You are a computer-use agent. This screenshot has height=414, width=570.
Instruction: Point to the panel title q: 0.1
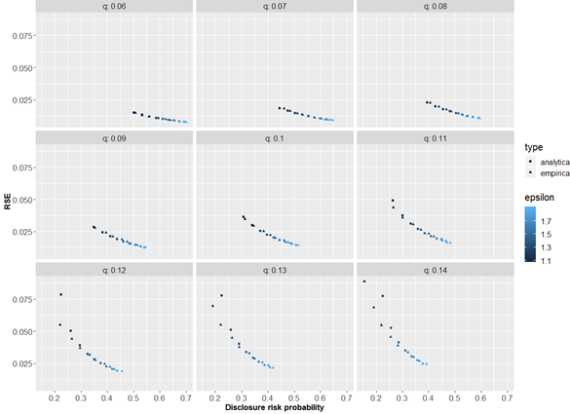[x=276, y=138]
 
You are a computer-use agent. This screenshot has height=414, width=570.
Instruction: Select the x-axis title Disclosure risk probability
[x=276, y=407]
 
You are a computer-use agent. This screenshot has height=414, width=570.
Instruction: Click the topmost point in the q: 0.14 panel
[x=364, y=282]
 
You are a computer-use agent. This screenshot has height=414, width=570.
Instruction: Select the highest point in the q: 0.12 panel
[x=60, y=294]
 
